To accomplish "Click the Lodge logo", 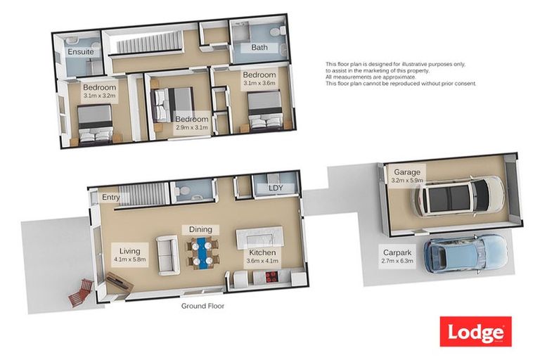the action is pyautogui.click(x=475, y=331).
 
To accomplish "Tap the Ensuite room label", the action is pyautogui.click(x=81, y=51).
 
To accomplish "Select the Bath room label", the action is pyautogui.click(x=259, y=47).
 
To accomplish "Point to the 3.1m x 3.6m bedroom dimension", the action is pyautogui.click(x=259, y=83).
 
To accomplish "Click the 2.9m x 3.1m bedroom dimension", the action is pyautogui.click(x=192, y=127).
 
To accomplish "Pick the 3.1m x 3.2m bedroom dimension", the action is pyautogui.click(x=99, y=96).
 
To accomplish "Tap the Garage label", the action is pyautogui.click(x=407, y=172).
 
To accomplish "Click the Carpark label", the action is pyautogui.click(x=397, y=252).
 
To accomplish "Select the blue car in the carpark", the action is pyautogui.click(x=465, y=255).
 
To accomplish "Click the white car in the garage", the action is pyautogui.click(x=458, y=197).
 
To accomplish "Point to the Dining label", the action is pyautogui.click(x=200, y=229).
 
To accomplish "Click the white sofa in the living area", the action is pyautogui.click(x=168, y=255).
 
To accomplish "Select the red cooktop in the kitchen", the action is pyautogui.click(x=271, y=276).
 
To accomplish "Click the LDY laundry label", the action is pyautogui.click(x=276, y=188).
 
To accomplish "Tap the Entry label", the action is pyautogui.click(x=111, y=197).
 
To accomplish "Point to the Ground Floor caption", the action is pyautogui.click(x=202, y=306).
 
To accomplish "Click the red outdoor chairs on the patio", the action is pyautogui.click(x=82, y=292).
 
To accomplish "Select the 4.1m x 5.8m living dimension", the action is pyautogui.click(x=130, y=259).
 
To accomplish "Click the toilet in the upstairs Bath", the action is pyautogui.click(x=278, y=32).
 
